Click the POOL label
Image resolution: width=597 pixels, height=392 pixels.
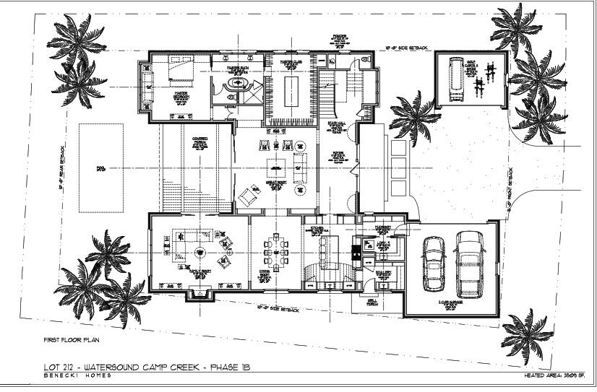(x=100, y=169)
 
